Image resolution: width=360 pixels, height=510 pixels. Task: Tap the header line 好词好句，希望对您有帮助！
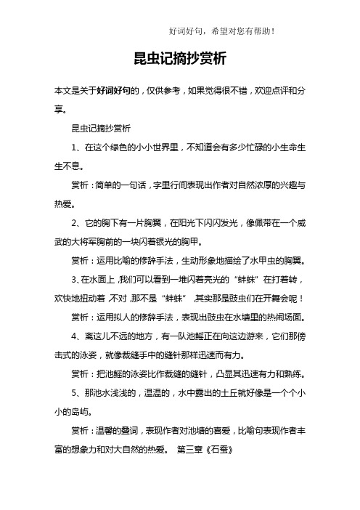pos(221,31)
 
